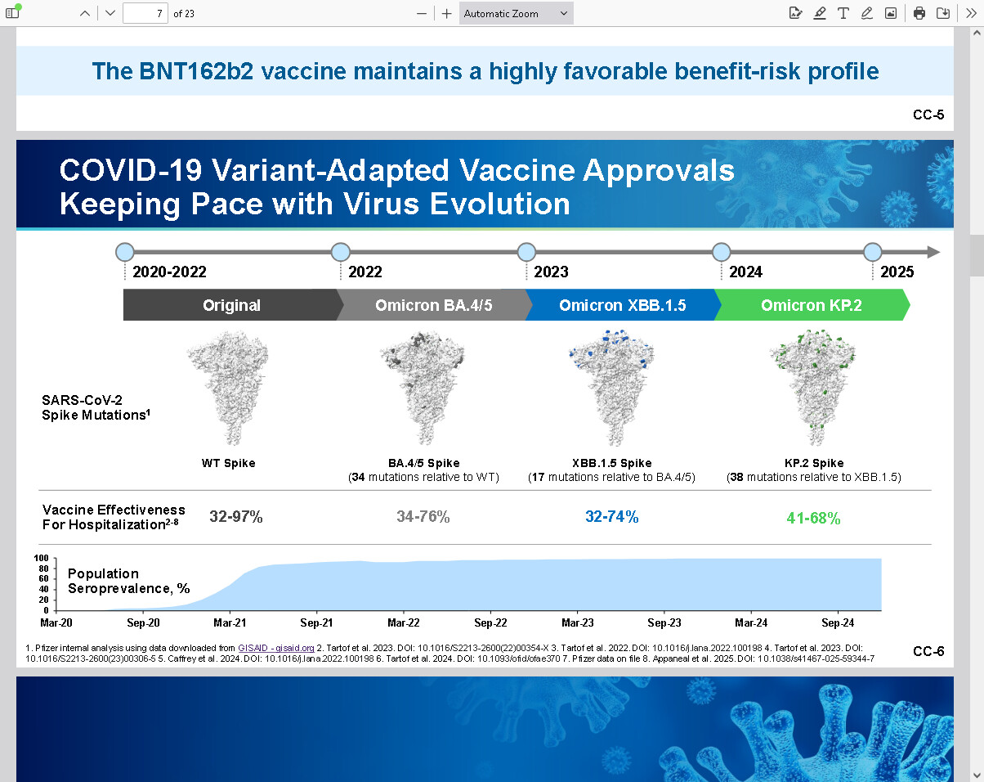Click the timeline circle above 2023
coord(526,252)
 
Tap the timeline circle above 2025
coord(873,252)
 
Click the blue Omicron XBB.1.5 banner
coord(622,305)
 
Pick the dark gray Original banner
coord(231,305)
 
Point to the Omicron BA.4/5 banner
coord(433,305)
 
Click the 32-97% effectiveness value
coord(236,517)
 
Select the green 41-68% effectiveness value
coord(813,519)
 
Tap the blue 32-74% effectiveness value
coord(612,517)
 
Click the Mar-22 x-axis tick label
coord(403,623)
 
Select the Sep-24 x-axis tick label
coord(838,623)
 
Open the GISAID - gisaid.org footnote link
coord(275,648)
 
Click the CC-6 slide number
coord(928,651)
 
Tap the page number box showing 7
coord(145,13)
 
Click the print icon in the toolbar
coord(919,13)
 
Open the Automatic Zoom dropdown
coord(516,13)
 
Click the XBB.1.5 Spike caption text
coord(612,463)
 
